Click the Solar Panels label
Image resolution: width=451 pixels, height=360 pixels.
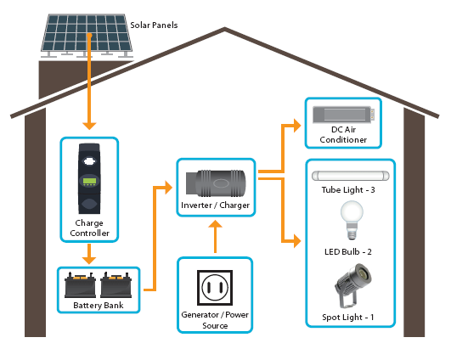pyautogui.click(x=154, y=25)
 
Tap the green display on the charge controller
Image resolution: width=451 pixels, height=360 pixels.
pyautogui.click(x=89, y=181)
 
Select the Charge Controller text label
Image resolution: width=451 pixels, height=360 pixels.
pyautogui.click(x=89, y=228)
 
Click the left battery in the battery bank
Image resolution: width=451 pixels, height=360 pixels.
pyautogui.click(x=80, y=284)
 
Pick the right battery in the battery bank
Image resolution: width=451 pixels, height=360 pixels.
pyautogui.click(x=116, y=284)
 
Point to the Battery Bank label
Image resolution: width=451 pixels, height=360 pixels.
pyautogui.click(x=99, y=305)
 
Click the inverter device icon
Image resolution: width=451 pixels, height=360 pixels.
pyautogui.click(x=216, y=183)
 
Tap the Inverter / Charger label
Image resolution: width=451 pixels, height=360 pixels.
pyautogui.click(x=216, y=205)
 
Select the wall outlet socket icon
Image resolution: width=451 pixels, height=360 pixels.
pyautogui.click(x=215, y=288)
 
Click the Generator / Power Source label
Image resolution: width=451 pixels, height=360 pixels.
pyautogui.click(x=215, y=320)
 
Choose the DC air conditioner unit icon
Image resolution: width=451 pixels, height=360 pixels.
pyautogui.click(x=344, y=115)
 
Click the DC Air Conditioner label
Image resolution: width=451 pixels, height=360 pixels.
pyautogui.click(x=343, y=134)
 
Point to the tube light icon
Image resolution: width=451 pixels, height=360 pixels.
pyautogui.click(x=351, y=176)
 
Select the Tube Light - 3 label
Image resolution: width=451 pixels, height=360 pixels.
pyautogui.click(x=348, y=190)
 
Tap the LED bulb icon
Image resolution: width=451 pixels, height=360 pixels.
pyautogui.click(x=352, y=220)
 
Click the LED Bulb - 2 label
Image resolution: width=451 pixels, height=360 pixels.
pyautogui.click(x=348, y=252)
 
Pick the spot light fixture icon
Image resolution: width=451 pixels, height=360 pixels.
pyautogui.click(x=353, y=285)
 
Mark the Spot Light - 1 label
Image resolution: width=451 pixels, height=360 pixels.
pyautogui.click(x=348, y=318)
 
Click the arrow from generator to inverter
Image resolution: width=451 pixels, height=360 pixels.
pyautogui.click(x=215, y=237)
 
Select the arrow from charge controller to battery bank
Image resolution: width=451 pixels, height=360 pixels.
pyautogui.click(x=89, y=254)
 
